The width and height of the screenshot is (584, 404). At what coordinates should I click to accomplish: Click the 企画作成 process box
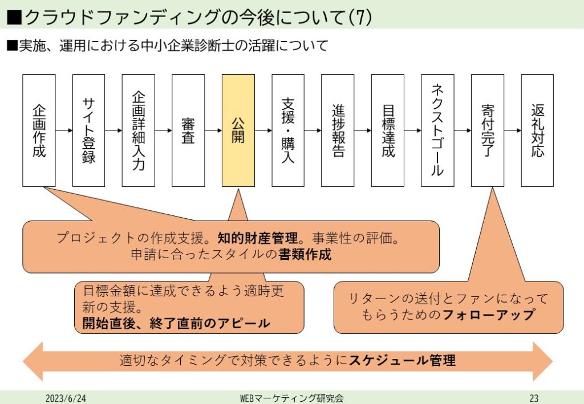coord(39,130)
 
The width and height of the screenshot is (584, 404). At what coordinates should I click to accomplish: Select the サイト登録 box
coord(88,130)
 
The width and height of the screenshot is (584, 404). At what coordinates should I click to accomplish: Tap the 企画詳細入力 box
coord(138,130)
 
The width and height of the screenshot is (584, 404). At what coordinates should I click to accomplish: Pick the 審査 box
coord(188,130)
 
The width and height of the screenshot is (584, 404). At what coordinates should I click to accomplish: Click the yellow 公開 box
coord(238,130)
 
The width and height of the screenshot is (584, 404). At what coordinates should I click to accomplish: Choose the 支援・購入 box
coord(288,130)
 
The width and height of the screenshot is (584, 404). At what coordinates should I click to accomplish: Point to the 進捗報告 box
coord(338,130)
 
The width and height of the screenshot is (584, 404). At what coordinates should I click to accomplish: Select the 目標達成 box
coord(388,130)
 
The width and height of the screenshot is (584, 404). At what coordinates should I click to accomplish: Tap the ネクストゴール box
coord(437,130)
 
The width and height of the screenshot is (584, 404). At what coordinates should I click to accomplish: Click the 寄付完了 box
coord(488,130)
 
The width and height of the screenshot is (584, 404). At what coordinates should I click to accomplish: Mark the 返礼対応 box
coord(537,130)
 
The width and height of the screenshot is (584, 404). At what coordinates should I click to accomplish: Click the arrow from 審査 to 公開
coord(213,130)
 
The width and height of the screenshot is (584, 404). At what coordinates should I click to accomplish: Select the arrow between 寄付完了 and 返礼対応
coord(513,130)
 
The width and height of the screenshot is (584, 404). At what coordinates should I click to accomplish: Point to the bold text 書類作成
coord(305,254)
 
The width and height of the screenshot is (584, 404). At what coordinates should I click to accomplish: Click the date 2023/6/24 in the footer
coord(66,398)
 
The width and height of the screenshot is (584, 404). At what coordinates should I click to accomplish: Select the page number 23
coord(534,398)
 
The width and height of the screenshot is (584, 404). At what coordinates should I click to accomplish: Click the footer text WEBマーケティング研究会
coord(292,398)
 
